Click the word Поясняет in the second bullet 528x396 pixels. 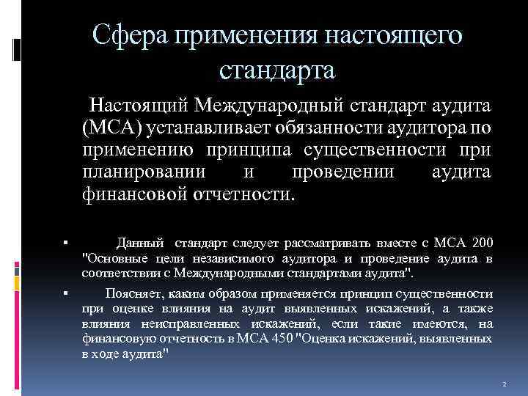tap(131, 293)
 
